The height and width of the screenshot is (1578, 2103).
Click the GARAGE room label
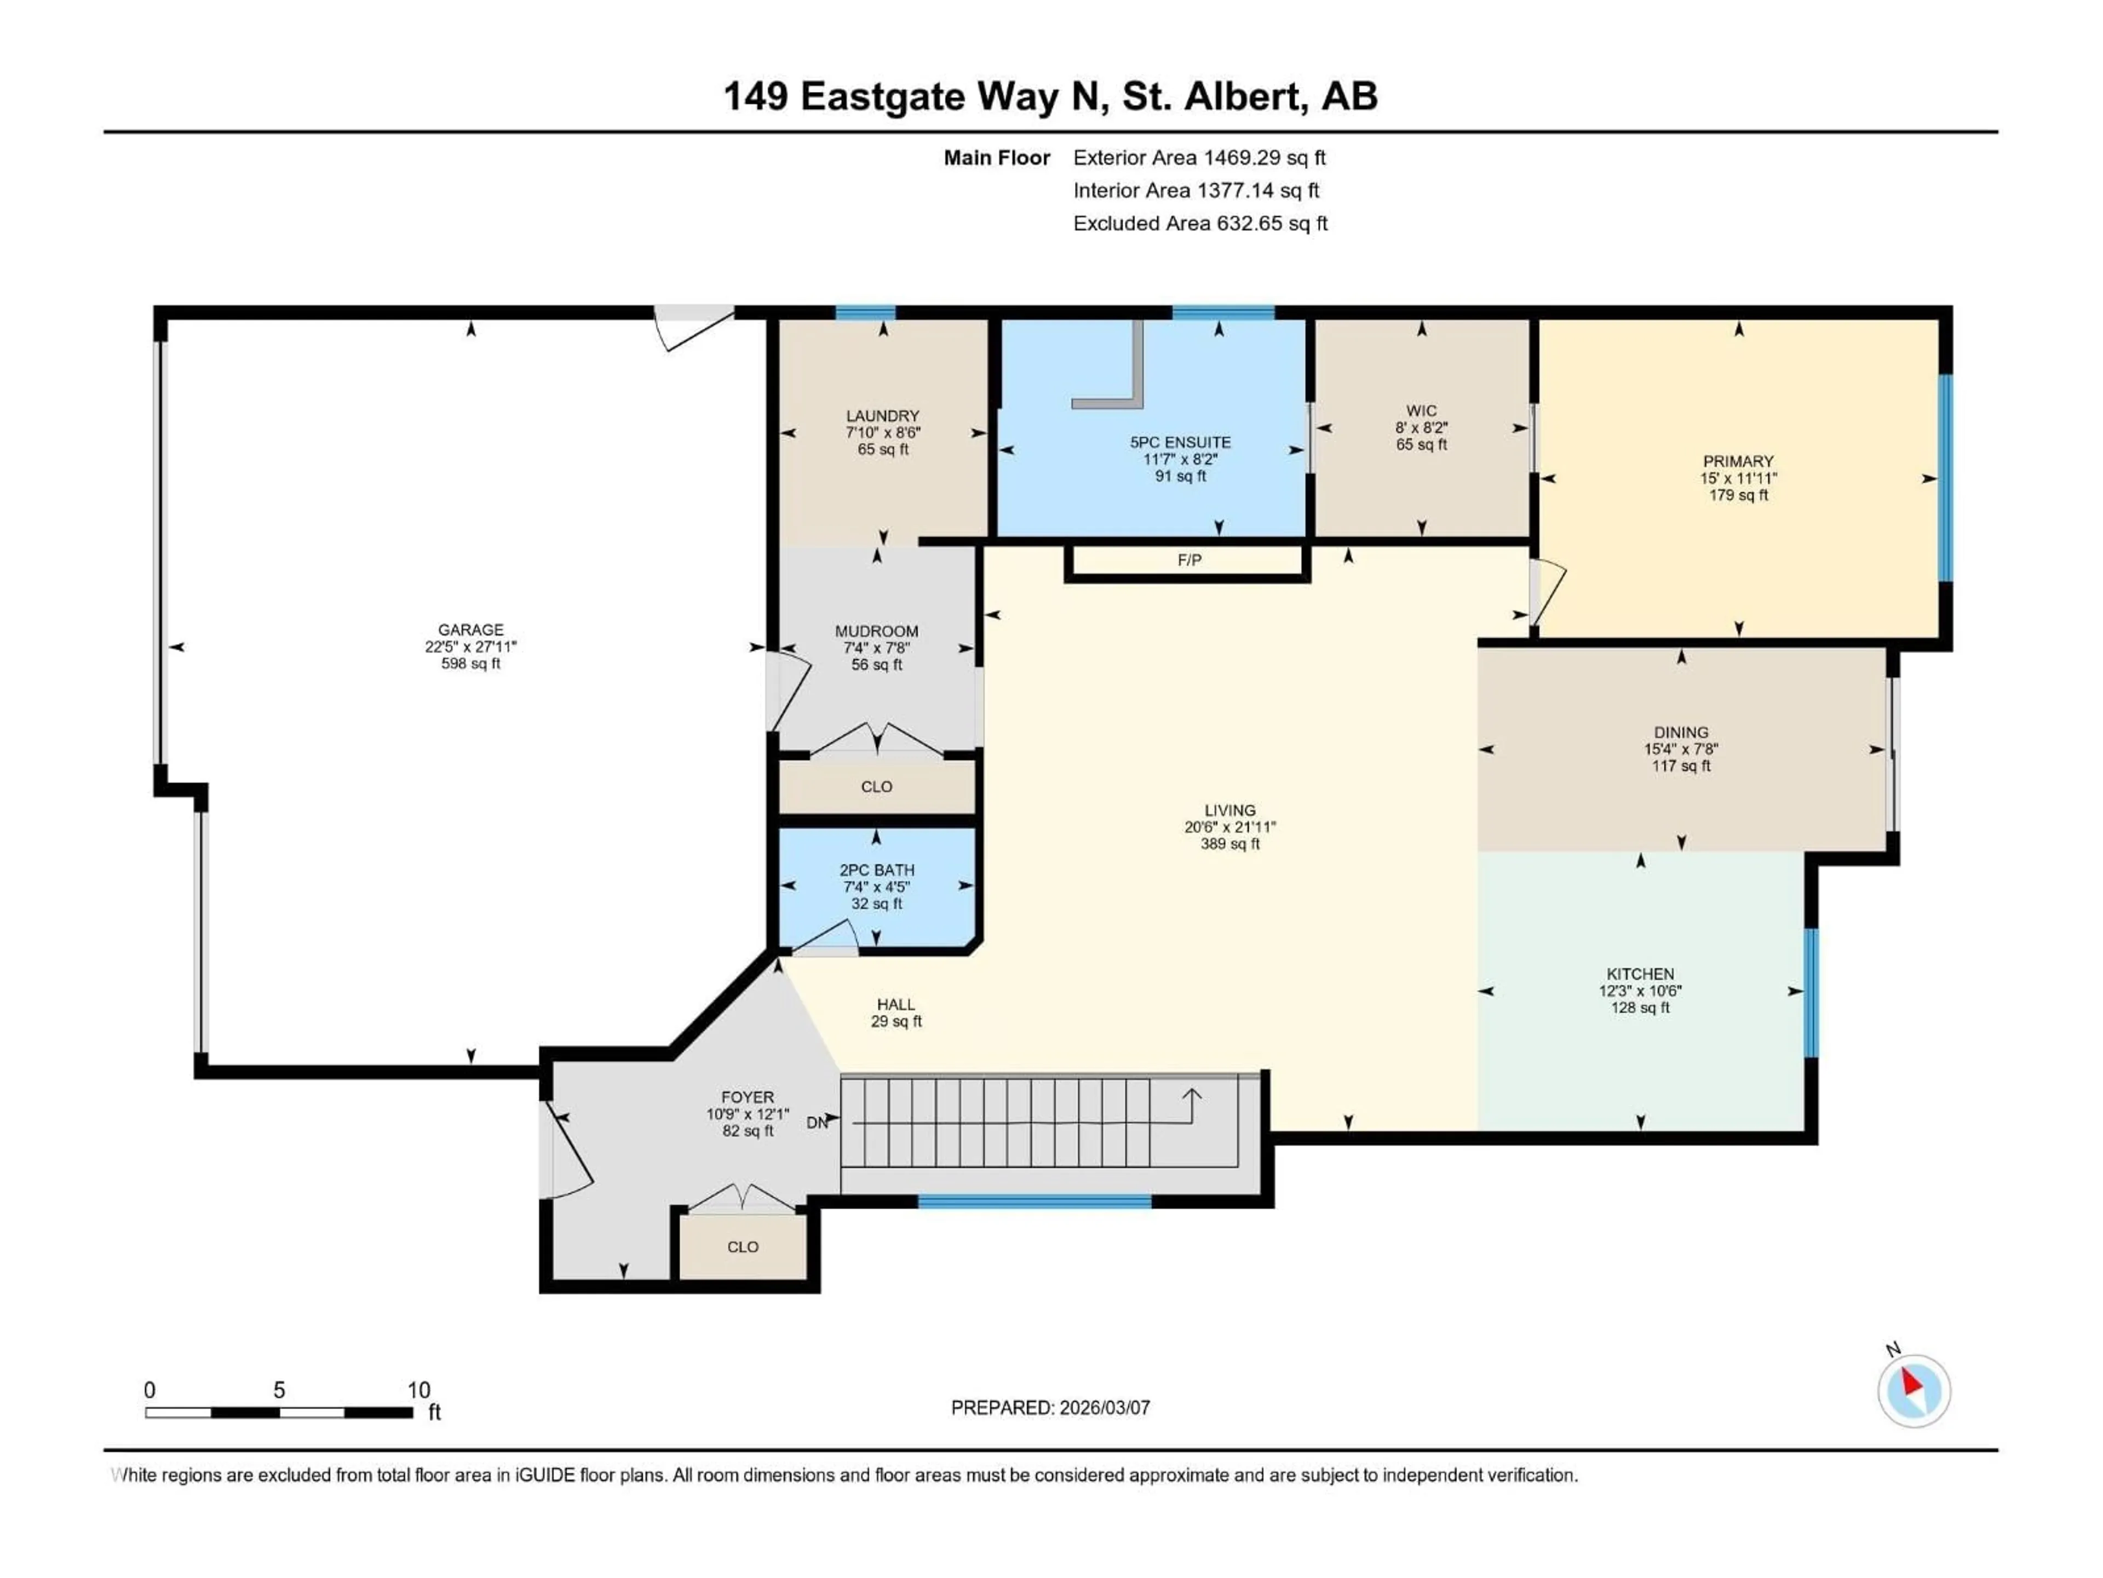470,630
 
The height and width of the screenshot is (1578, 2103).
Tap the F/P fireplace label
1188,560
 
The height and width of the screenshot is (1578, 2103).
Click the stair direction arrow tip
1191,1093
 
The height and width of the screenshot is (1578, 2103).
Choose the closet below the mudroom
877,787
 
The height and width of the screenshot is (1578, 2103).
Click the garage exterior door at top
693,326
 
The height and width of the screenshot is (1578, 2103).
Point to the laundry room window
865,313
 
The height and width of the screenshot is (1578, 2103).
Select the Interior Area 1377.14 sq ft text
1195,190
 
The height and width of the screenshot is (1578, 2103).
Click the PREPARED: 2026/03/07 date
1050,1408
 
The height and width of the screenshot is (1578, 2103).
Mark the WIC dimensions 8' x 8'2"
1421,428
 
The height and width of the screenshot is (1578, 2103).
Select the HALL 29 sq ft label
895,1012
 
